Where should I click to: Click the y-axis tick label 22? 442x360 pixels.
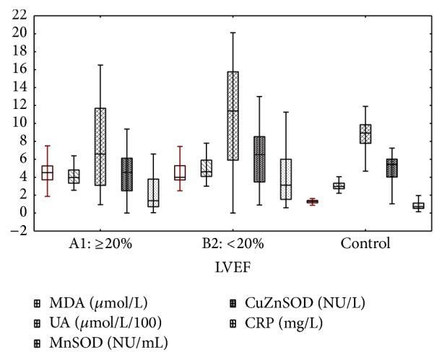(x=19, y=15)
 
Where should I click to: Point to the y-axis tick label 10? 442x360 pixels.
(x=19, y=123)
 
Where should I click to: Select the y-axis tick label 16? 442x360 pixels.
(x=19, y=69)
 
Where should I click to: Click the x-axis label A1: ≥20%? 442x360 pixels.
(x=97, y=244)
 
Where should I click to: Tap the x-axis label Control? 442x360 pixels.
(x=366, y=244)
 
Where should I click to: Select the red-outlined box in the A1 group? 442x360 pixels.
(x=47, y=172)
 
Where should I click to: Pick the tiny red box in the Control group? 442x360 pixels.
(x=312, y=202)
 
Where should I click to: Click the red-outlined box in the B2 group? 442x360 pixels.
(x=180, y=173)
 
